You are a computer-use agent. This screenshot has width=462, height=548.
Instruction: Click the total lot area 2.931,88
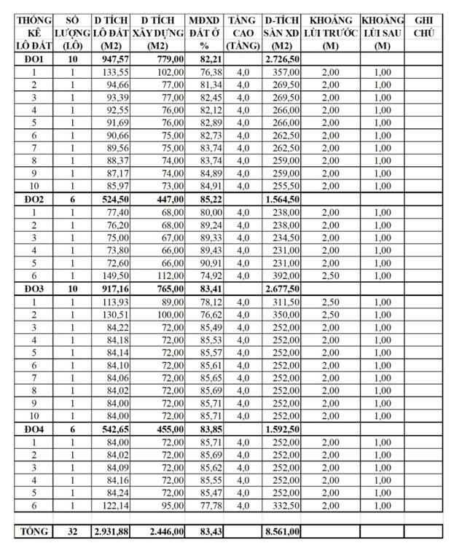(x=111, y=532)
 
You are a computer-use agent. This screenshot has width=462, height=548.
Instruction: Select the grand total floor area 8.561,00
(x=282, y=532)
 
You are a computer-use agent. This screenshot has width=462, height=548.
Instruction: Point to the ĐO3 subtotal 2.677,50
(x=282, y=289)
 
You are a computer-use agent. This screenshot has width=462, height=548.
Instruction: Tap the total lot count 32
(x=72, y=532)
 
